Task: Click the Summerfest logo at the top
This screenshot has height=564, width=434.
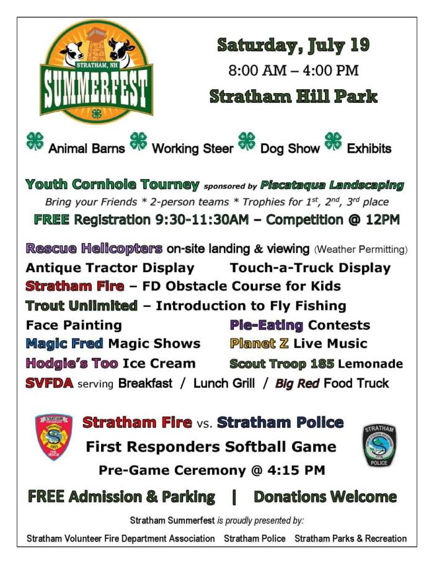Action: click(x=97, y=71)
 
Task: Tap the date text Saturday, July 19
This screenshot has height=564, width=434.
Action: click(x=293, y=45)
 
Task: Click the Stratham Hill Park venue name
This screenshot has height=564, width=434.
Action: click(x=293, y=97)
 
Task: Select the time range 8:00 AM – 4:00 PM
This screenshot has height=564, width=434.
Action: click(x=293, y=70)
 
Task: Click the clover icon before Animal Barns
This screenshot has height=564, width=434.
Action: click(x=35, y=141)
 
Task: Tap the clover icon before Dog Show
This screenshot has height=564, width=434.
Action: click(x=247, y=141)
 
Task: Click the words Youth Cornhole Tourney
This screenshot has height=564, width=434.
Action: click(x=112, y=185)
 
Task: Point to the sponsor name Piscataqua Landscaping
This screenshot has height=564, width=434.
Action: click(x=332, y=185)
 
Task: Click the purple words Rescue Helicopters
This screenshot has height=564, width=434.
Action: click(x=94, y=249)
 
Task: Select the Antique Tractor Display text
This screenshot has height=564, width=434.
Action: click(x=110, y=268)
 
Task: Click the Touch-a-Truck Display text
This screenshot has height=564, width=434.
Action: click(x=310, y=268)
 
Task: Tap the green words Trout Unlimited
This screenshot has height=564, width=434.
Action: click(x=81, y=306)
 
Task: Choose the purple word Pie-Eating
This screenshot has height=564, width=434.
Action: click(x=267, y=325)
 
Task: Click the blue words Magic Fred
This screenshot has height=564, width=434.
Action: click(x=64, y=343)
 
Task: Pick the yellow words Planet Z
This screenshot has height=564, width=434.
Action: click(x=259, y=343)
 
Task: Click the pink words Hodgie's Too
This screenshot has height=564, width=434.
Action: click(x=72, y=363)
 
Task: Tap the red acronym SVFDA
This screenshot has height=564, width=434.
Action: click(x=50, y=384)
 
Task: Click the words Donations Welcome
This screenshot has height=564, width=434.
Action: click(x=325, y=497)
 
